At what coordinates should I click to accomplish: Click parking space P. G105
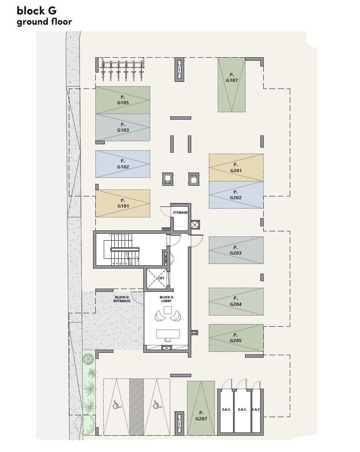(x=123, y=100)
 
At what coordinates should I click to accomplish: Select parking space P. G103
(x=123, y=128)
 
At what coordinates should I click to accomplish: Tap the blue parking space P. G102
(x=123, y=164)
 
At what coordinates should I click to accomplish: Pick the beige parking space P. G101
(x=123, y=203)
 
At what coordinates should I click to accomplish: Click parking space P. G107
(x=232, y=85)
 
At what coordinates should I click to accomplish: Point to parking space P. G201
(x=236, y=168)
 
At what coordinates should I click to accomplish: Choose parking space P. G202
(x=236, y=195)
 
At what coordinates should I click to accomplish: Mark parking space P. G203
(x=236, y=250)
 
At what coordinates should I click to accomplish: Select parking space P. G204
(x=236, y=301)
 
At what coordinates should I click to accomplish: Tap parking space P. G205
(x=236, y=338)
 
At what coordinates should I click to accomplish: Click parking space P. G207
(x=201, y=408)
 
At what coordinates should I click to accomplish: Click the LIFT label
(x=161, y=278)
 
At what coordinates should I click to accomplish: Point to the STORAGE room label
(x=180, y=212)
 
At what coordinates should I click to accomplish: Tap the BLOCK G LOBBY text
(x=167, y=299)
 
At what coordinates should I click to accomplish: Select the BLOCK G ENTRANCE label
(x=122, y=299)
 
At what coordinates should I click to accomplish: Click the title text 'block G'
(x=37, y=11)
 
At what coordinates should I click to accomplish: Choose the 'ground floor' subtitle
(x=44, y=22)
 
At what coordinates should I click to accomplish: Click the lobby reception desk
(x=168, y=334)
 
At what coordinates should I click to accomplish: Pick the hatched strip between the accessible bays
(x=137, y=407)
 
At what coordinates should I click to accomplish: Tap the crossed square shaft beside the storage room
(x=195, y=224)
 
